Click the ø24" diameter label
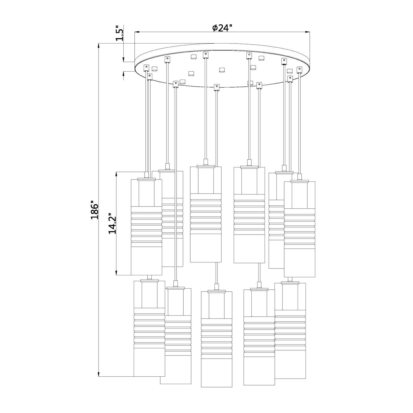pos(222,28)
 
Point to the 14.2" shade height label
pos(112,223)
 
